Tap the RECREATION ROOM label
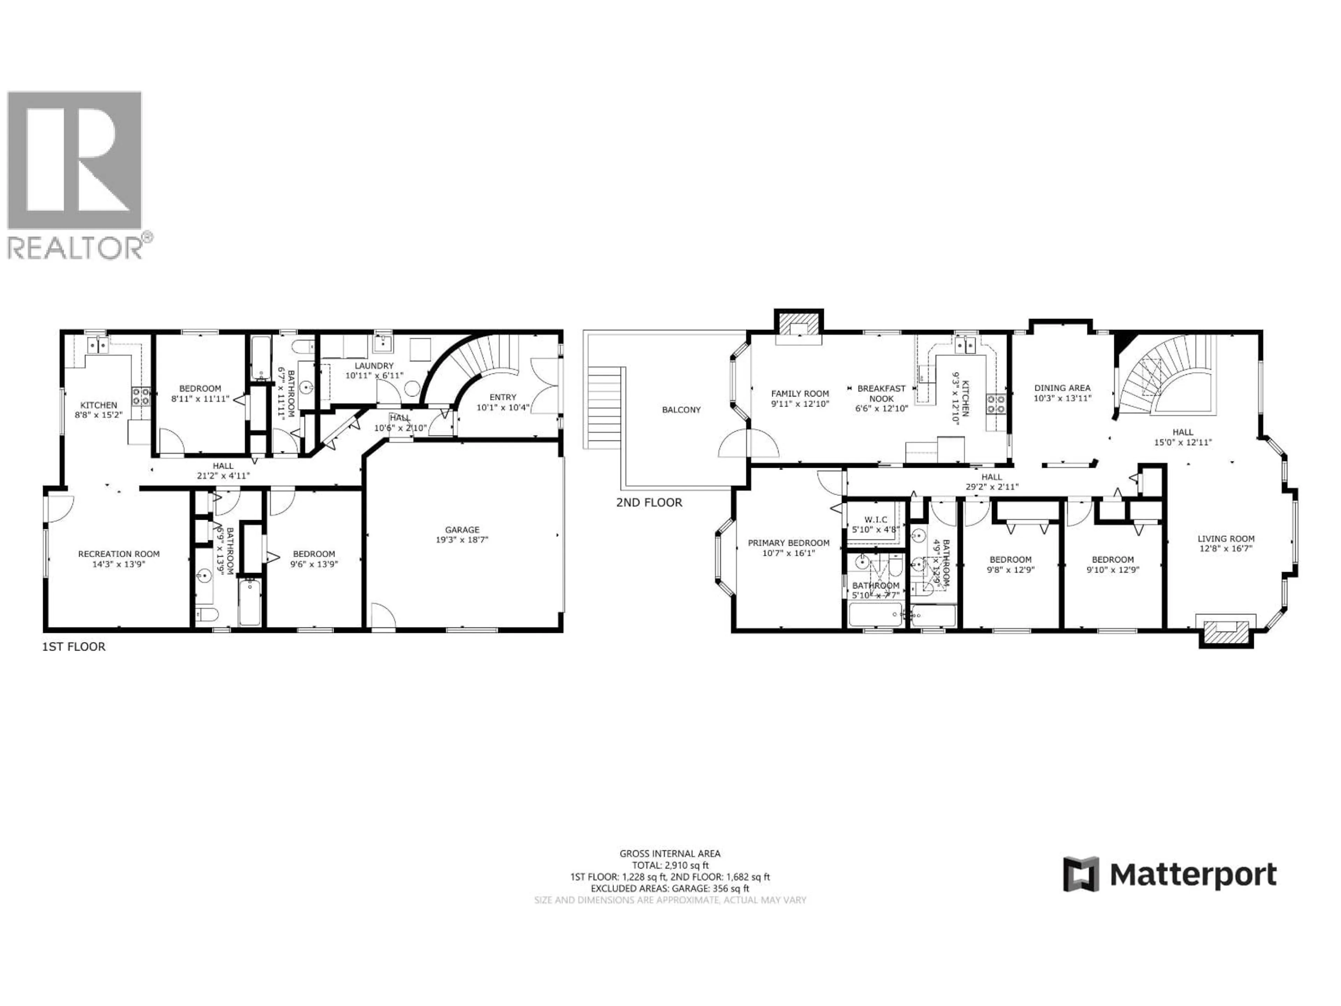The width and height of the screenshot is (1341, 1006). click(x=119, y=554)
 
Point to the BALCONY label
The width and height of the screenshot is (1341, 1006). click(x=681, y=410)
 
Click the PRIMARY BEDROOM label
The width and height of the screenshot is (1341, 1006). click(x=788, y=543)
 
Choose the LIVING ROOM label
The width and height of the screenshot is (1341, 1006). click(x=1226, y=539)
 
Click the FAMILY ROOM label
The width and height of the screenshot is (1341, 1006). click(x=800, y=394)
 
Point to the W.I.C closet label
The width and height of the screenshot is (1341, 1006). click(x=875, y=520)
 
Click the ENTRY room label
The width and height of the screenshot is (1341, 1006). click(x=503, y=397)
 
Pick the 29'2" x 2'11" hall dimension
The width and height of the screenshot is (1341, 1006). click(x=992, y=486)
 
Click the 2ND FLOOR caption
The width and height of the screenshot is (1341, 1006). click(x=649, y=502)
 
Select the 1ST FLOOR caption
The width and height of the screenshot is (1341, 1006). click(x=73, y=647)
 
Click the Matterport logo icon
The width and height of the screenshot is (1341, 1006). click(x=1080, y=874)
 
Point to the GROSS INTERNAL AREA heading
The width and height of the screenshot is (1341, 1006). click(x=670, y=854)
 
